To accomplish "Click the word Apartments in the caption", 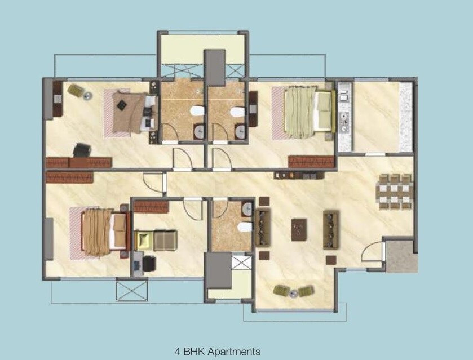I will point(234,352).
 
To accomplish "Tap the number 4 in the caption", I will point(178,352).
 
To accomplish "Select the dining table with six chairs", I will point(395,192).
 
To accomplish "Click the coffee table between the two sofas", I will point(299,228).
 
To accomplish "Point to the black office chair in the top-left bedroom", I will point(82,150).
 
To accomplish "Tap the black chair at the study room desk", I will point(149,263).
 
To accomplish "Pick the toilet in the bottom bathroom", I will point(245,226).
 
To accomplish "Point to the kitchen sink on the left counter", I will point(344,119).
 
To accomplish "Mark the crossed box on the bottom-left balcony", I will point(131,290).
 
